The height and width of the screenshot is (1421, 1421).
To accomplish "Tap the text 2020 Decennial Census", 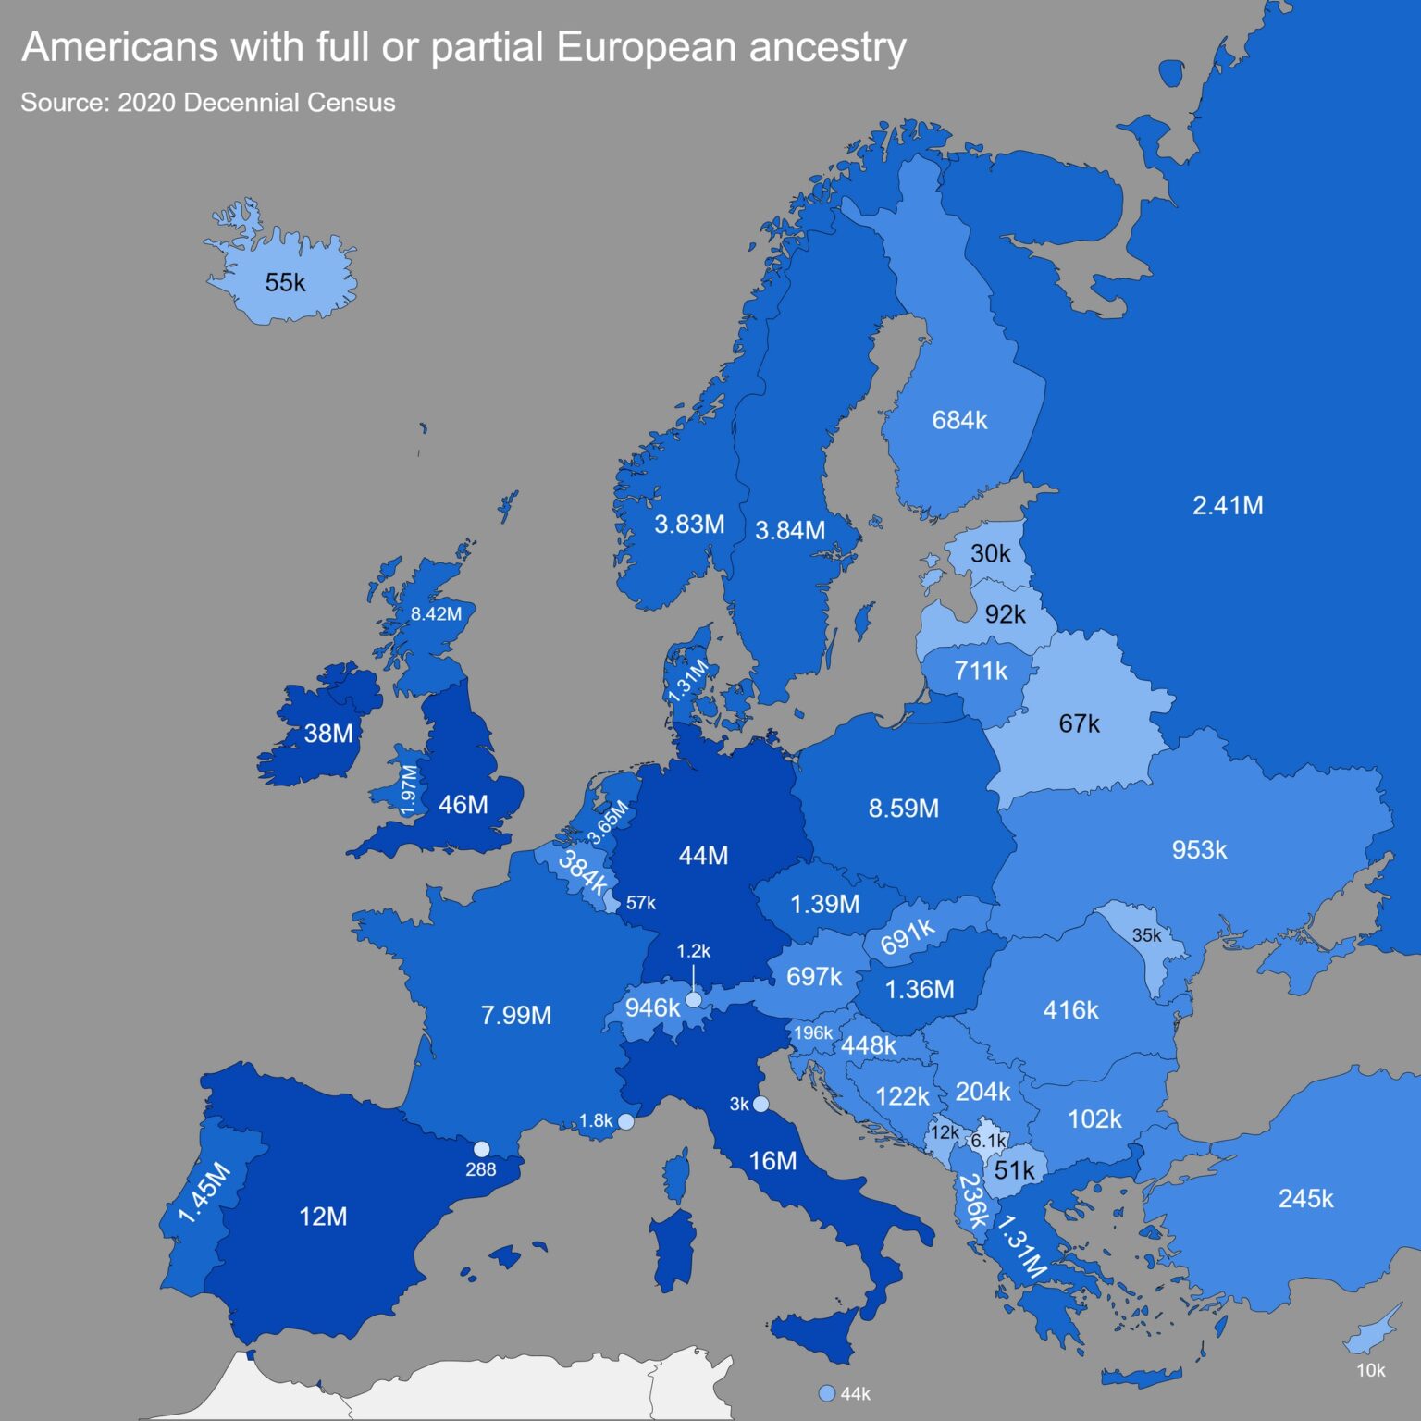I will [x=256, y=103].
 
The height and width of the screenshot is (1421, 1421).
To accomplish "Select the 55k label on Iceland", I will [x=285, y=283].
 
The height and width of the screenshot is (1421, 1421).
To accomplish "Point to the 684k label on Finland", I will [x=959, y=421].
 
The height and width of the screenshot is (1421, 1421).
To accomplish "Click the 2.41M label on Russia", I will [x=1227, y=506].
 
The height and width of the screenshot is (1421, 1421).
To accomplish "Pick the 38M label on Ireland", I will [x=328, y=734].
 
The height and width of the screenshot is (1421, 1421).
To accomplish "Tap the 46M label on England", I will [x=463, y=805].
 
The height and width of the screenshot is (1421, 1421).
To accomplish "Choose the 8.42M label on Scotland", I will [x=436, y=614].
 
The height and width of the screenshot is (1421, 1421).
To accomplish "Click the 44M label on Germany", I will [x=703, y=856].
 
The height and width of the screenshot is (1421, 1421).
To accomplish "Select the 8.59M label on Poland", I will [x=903, y=809].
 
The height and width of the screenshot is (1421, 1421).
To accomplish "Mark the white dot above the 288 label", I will [x=481, y=1149].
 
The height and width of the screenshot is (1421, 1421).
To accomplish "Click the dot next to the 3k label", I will [x=760, y=1104].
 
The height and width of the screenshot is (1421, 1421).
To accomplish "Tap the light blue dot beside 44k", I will [x=827, y=1393].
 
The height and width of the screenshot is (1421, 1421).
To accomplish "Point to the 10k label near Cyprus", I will [x=1370, y=1371].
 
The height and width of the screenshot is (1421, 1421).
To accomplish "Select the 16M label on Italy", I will [x=772, y=1161].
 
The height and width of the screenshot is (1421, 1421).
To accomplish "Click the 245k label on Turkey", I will [x=1305, y=1199].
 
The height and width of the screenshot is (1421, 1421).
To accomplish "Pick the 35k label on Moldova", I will [x=1146, y=935].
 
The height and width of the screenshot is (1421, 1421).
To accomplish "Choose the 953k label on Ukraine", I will [x=1199, y=850].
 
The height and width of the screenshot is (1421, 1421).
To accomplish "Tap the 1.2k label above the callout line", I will [x=693, y=951].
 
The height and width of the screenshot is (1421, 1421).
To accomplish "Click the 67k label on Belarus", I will [x=1079, y=723].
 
